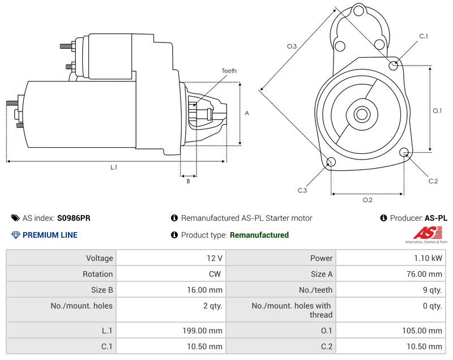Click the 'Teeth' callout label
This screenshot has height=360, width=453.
[x=229, y=71]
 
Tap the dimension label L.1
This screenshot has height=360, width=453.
[x=114, y=167]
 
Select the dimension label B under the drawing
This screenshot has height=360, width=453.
[x=188, y=181]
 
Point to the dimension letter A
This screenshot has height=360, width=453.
[x=247, y=113]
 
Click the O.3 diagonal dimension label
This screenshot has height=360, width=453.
[x=292, y=46]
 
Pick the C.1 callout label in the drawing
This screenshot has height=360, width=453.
[x=424, y=36]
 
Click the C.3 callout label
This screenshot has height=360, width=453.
[x=302, y=191]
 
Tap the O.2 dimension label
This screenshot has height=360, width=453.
[x=367, y=200]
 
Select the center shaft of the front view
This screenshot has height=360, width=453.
[x=361, y=114]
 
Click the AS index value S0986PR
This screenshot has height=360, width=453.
[x=73, y=218]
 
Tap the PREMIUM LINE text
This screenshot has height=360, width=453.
[x=50, y=235]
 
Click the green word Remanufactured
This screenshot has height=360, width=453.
[x=259, y=235]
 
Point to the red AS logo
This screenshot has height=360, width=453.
[x=422, y=233]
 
